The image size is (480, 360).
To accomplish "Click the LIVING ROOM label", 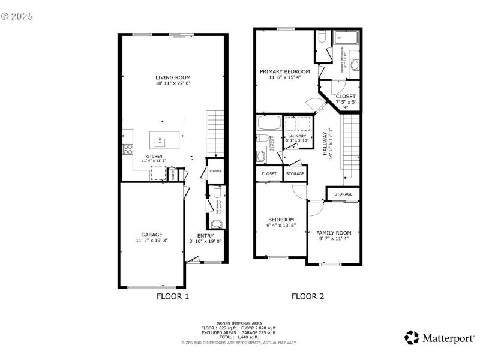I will [173, 77].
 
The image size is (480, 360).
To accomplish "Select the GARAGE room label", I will [152, 235].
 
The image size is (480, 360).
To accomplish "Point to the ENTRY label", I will [205, 236].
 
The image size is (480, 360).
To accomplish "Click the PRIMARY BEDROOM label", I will [284, 71].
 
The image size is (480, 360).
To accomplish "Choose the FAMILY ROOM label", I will [334, 232].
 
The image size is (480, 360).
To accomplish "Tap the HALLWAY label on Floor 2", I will [326, 144].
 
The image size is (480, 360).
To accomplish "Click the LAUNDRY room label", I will [297, 136].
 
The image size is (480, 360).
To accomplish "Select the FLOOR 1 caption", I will [173, 296].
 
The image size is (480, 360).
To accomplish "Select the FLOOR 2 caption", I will [308, 296].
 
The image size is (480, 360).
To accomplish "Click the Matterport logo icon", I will [412, 338].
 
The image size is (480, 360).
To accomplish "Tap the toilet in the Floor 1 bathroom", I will [217, 224].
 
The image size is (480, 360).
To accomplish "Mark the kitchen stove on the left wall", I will [127, 149].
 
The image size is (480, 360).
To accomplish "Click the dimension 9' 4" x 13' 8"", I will [281, 226].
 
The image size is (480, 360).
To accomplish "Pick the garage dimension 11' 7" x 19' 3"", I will [152, 241].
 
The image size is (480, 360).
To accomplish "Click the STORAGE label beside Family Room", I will [343, 194].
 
